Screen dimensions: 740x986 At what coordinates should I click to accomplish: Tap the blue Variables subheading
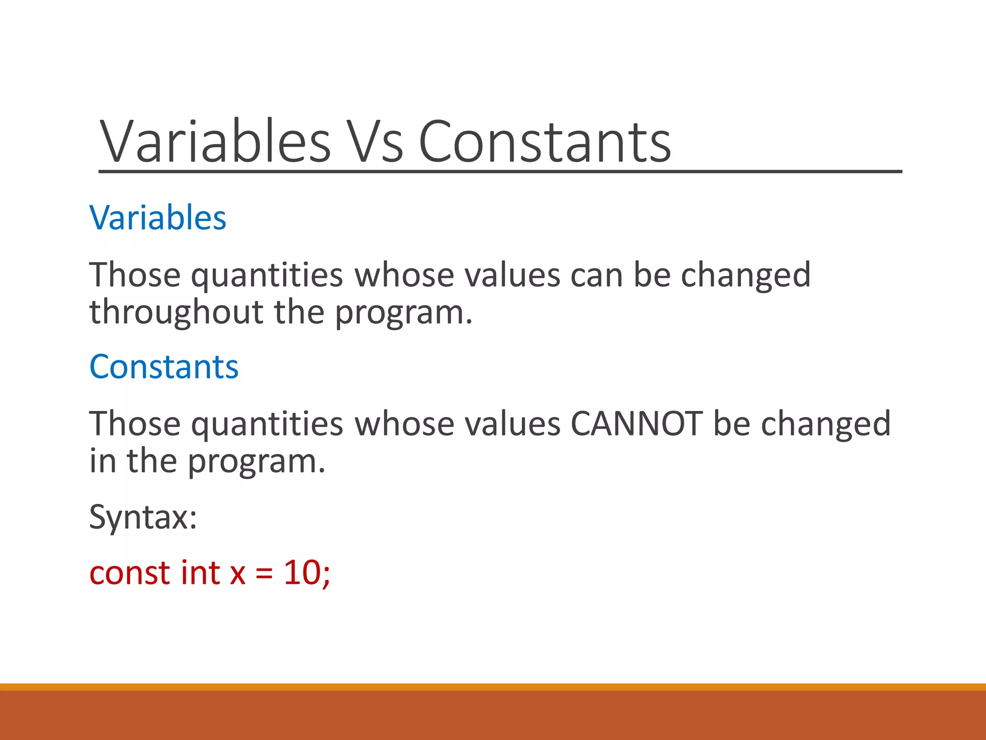pos(157,218)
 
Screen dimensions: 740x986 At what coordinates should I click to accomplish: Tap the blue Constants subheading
pos(164,367)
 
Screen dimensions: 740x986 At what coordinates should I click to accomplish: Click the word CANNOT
pos(636,423)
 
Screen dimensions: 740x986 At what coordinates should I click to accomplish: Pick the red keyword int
pos(200,573)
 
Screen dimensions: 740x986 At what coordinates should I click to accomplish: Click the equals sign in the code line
pos(264,574)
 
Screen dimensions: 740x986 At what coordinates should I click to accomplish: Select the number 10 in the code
pos(302,573)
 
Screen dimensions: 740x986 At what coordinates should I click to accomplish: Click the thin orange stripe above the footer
pos(493,687)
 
